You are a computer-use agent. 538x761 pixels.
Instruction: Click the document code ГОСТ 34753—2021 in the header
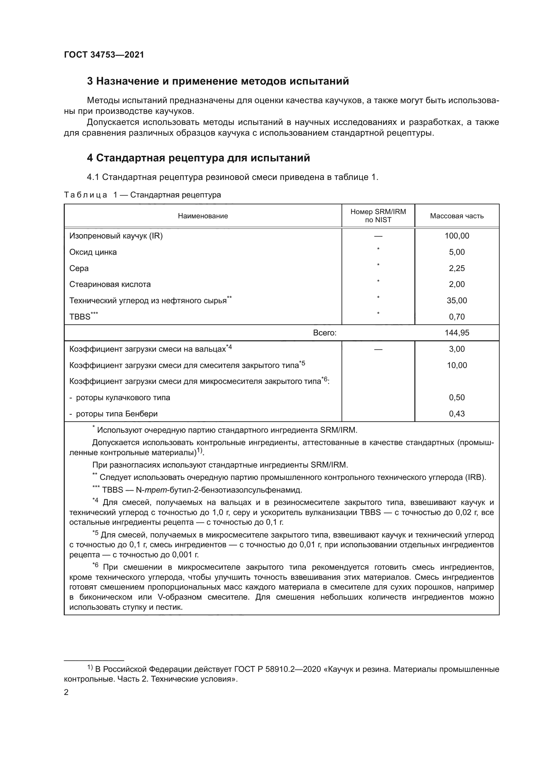click(x=104, y=55)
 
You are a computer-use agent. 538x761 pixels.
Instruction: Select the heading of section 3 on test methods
click(x=218, y=81)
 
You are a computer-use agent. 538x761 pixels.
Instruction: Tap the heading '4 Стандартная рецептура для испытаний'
click(x=198, y=158)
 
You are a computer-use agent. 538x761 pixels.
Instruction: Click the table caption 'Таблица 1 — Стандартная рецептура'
click(x=142, y=195)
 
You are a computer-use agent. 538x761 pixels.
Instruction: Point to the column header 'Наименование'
click(x=203, y=216)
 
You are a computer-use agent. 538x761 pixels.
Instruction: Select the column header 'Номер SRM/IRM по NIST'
click(x=378, y=216)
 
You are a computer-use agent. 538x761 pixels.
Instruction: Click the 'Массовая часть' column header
click(x=456, y=216)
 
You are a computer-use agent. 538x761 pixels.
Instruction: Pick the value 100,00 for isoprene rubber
click(x=456, y=236)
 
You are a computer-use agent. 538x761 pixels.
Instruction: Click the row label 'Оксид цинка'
click(x=93, y=252)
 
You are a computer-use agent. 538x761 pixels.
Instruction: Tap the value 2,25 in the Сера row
click(x=456, y=268)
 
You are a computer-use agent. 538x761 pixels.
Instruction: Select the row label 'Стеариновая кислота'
click(x=110, y=284)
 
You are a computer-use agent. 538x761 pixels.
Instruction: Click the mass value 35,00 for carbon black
click(x=456, y=301)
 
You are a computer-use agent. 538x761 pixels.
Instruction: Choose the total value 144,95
click(x=456, y=333)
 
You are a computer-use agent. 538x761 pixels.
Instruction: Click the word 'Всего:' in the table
click(x=324, y=333)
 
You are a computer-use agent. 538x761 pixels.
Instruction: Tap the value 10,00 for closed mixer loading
click(x=456, y=365)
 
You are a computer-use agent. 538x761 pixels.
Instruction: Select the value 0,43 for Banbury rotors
click(x=456, y=414)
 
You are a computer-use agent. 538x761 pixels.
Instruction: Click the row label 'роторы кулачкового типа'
click(x=123, y=398)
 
